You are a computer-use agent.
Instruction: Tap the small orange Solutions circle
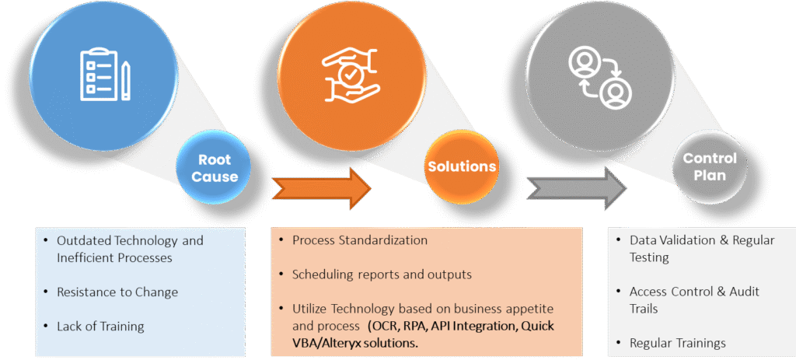(x=461, y=166)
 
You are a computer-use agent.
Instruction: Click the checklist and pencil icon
(x=104, y=75)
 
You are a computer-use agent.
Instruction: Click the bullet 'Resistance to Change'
(x=117, y=292)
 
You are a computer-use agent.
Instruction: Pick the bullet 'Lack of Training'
(x=100, y=327)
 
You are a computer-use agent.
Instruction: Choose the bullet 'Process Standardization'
(x=360, y=240)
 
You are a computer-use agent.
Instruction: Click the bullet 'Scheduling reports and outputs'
(x=382, y=274)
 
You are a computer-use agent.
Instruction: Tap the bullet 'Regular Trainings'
(x=678, y=343)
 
